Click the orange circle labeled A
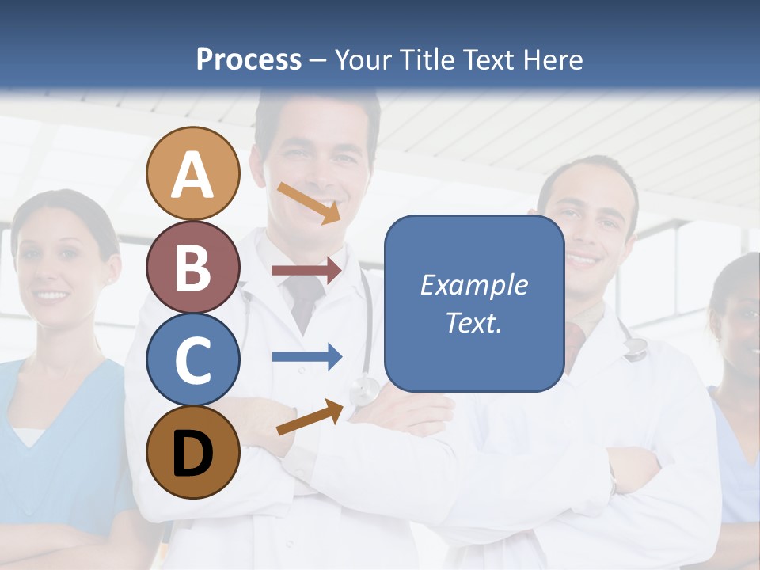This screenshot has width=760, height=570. coord(192,174)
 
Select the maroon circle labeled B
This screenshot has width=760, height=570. coord(192,268)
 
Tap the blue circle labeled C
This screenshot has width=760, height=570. coord(192,360)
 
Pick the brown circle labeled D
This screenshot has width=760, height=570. coord(192,453)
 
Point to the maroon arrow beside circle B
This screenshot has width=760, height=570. coord(306,270)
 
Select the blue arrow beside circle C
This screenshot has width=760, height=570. coord(306,356)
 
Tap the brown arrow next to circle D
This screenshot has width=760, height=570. coord(310,417)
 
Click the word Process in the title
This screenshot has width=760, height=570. coord(249,59)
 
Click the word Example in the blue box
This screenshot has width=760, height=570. coord(473,285)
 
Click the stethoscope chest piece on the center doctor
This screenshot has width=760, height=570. coord(365,389)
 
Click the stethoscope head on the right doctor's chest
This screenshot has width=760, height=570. coord(635,349)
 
